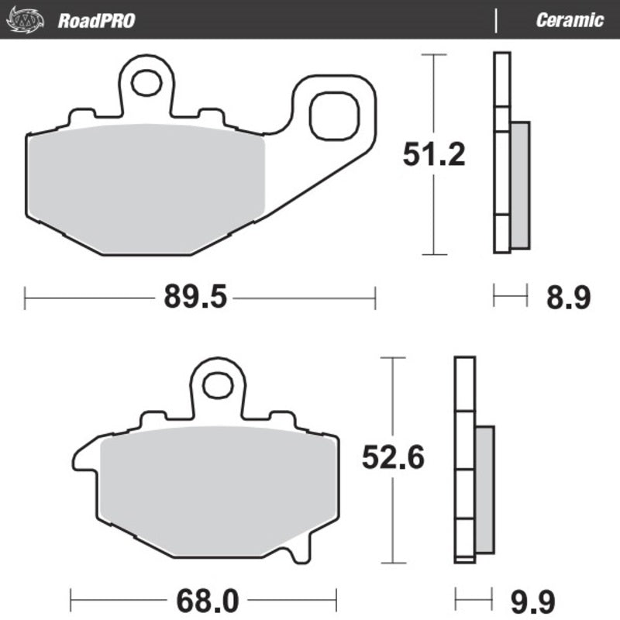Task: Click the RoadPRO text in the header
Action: point(96,20)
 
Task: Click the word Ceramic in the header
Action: point(569,20)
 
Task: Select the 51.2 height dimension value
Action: point(433,156)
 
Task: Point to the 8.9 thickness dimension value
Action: point(572,297)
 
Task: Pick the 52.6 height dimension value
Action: point(393,459)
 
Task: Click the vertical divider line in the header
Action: point(495,20)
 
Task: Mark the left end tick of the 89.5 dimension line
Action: point(26,297)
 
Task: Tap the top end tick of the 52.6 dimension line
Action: point(393,358)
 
